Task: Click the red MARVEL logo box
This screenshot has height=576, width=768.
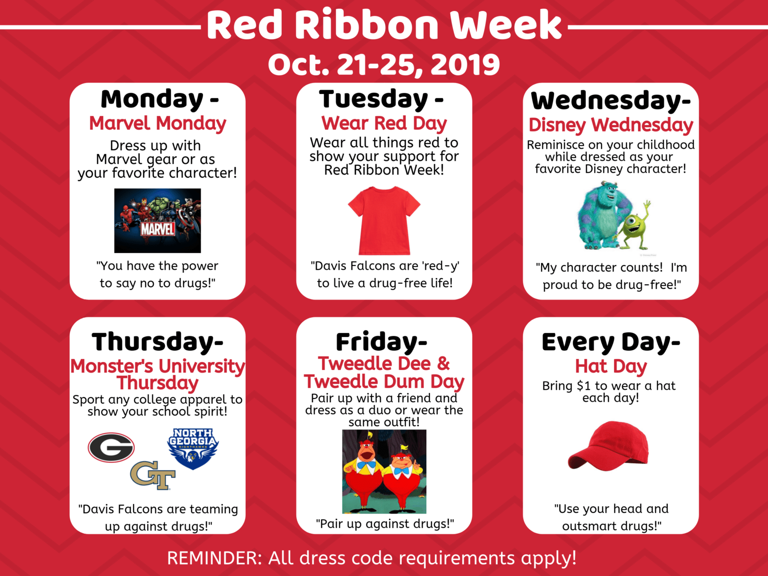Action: point(157,229)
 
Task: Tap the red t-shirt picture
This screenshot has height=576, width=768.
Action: point(384,220)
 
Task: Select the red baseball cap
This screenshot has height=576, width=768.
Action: point(609,446)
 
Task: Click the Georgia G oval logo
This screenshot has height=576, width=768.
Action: point(111,447)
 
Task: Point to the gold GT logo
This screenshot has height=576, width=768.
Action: point(153,475)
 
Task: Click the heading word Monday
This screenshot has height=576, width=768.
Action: point(152,99)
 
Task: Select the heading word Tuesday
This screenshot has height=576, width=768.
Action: point(373,99)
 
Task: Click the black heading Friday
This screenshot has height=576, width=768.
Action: point(377,342)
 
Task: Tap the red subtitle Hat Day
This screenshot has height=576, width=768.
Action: point(611,367)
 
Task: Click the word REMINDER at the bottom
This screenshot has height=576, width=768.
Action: point(215,558)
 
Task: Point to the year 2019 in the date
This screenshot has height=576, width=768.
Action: point(465,65)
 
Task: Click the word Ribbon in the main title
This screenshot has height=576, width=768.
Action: point(367,25)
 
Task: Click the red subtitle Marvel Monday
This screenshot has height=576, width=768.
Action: point(157,123)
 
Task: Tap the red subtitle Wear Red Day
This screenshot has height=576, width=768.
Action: point(384,123)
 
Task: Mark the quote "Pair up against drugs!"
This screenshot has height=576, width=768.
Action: point(384,524)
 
